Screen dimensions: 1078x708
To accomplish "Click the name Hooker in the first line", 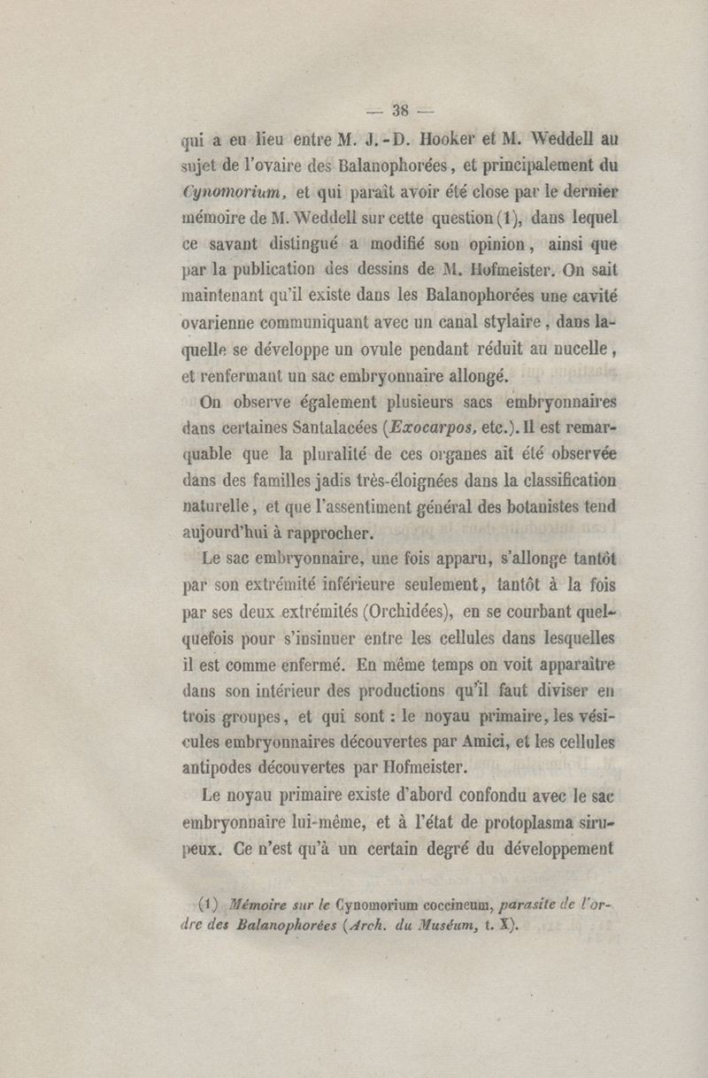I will [x=450, y=138].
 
